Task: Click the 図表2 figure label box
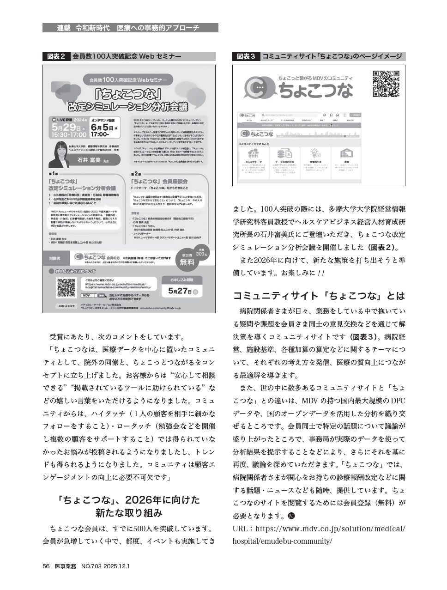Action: [56, 56]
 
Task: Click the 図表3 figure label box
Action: [246, 56]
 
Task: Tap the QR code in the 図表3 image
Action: [386, 84]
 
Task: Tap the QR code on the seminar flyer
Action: [66, 287]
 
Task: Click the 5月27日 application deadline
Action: [178, 291]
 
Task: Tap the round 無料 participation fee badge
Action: [187, 262]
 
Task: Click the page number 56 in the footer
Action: [46, 566]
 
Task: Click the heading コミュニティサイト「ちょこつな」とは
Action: [319, 295]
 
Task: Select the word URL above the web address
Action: [240, 529]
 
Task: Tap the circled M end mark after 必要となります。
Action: [291, 516]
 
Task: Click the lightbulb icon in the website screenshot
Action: [316, 152]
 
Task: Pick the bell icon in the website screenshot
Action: [325, 115]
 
